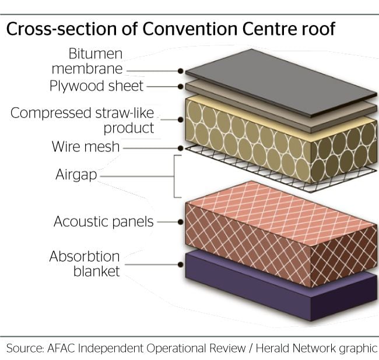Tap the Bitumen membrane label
pos(87,61)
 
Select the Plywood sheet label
pos(96,86)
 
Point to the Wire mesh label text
pos(86,146)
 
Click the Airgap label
pos(76,174)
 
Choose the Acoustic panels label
pos(103,221)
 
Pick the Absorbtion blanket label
pos(85,263)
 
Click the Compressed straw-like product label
pos(82,120)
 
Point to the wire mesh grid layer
pos(280,169)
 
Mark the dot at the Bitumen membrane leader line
pos(180,71)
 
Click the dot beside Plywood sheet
pos(180,86)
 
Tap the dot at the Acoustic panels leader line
pos(180,221)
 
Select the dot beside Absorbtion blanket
pos(180,264)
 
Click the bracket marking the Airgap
pos(174,177)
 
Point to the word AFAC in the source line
pos(61,348)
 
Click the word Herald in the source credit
pos(272,348)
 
